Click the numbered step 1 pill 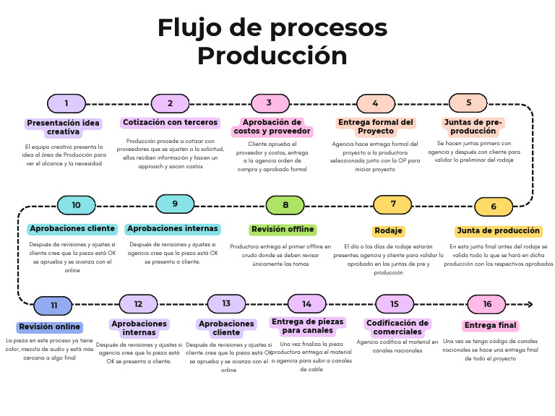(x=66, y=103)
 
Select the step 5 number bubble (x=468, y=103)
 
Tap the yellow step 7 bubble (x=393, y=204)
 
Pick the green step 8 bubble (x=285, y=205)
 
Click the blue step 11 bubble (x=53, y=305)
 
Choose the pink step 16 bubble (x=486, y=304)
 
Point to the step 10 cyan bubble (x=76, y=205)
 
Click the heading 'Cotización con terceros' (x=171, y=123)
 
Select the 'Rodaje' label (x=389, y=231)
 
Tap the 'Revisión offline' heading (x=283, y=230)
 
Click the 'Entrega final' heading (x=491, y=326)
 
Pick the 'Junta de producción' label (x=499, y=231)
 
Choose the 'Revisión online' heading (x=50, y=326)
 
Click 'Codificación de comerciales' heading (x=398, y=327)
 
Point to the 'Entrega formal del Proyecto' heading (x=376, y=126)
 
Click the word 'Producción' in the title (x=272, y=56)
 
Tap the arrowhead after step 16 (x=530, y=304)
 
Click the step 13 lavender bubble (x=226, y=304)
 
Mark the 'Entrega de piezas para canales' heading (x=307, y=326)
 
